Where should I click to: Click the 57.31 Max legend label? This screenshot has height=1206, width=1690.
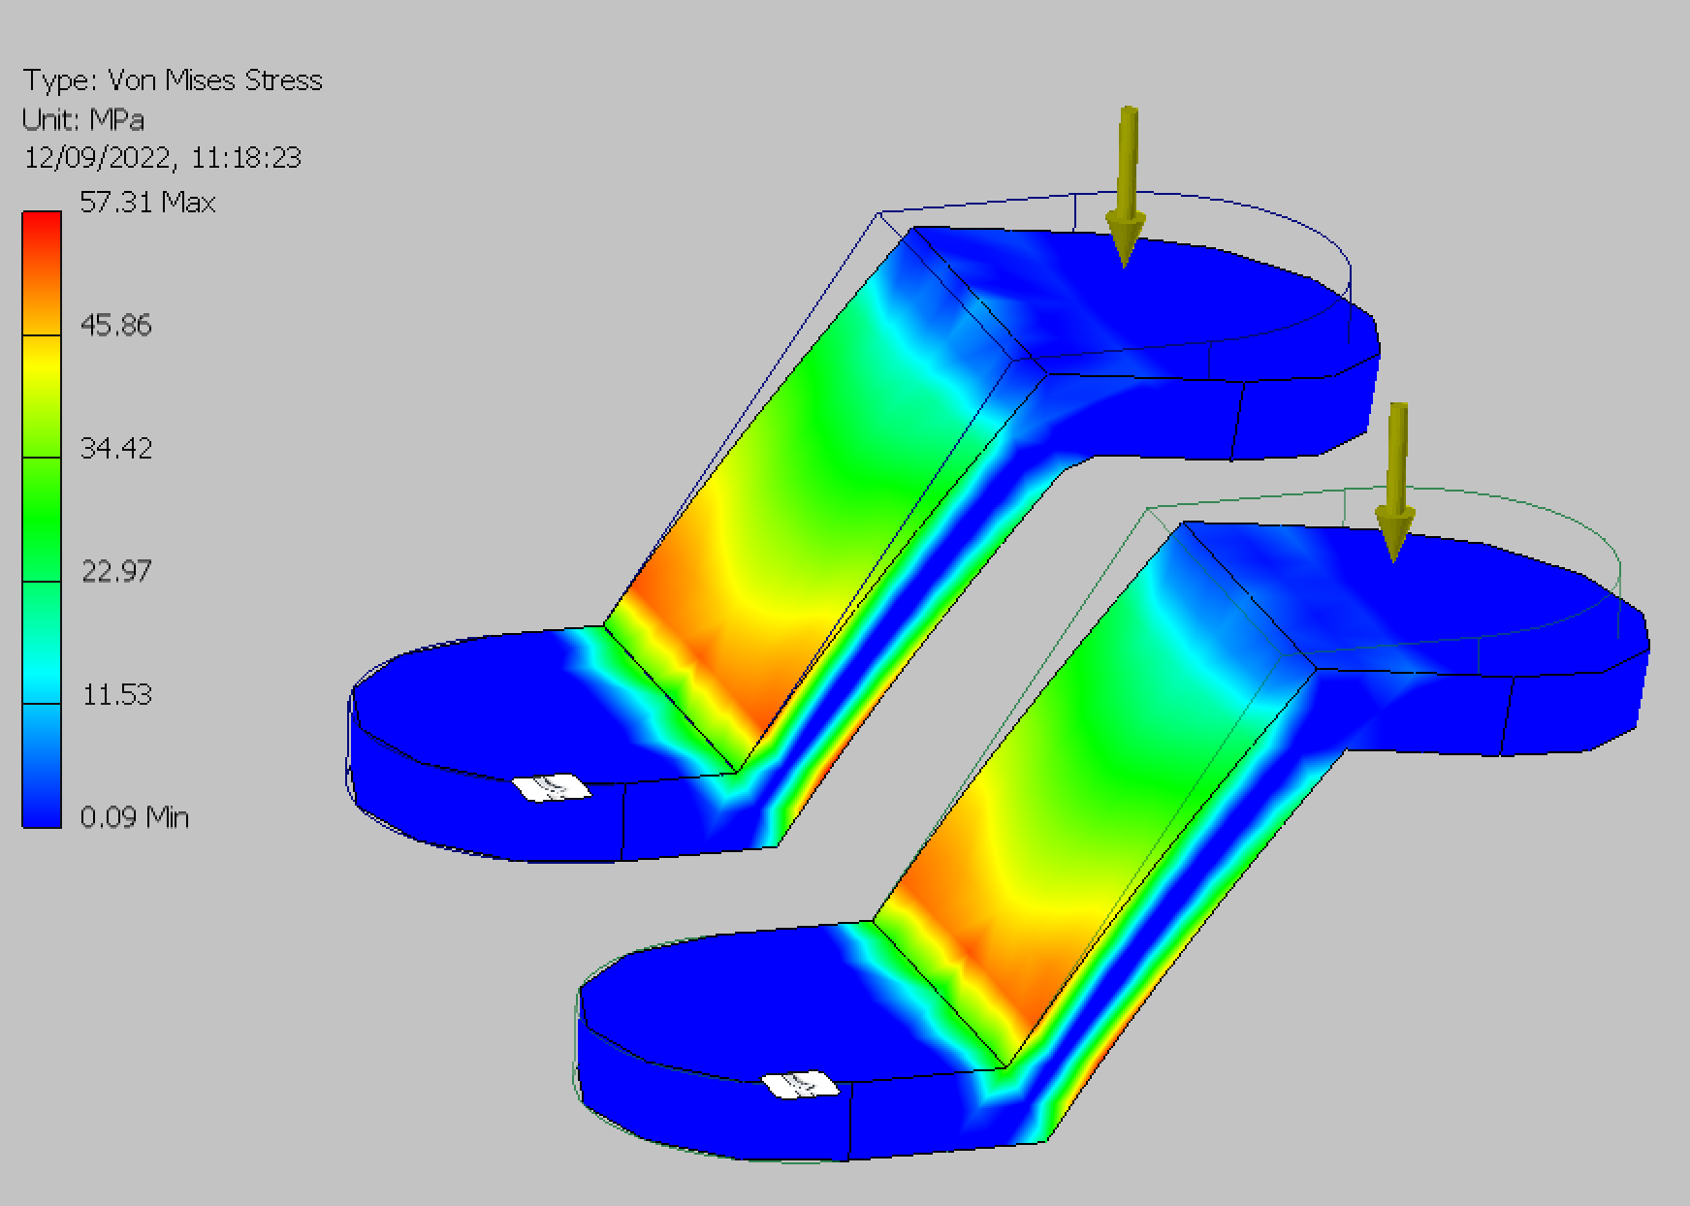[x=146, y=202]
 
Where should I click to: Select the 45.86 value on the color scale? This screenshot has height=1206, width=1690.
[x=115, y=325]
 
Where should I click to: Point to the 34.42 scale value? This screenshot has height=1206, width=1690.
[x=115, y=448]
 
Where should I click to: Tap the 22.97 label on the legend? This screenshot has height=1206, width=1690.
[x=115, y=571]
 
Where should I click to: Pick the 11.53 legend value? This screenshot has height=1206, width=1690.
[x=116, y=694]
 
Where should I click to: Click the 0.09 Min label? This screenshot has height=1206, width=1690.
[x=134, y=817]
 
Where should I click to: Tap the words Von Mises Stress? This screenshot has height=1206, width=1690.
[x=214, y=79]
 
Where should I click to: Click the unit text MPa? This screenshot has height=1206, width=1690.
[x=116, y=119]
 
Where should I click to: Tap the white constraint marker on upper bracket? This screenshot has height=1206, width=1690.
[x=551, y=788]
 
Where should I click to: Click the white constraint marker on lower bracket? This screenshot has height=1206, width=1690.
[x=800, y=1085]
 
